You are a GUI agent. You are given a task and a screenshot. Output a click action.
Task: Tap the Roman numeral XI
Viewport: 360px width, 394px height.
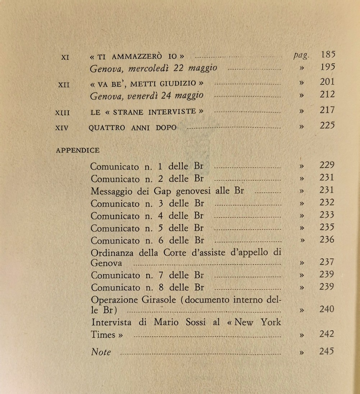65,57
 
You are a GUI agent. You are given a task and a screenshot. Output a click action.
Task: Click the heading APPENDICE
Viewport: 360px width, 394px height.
78,150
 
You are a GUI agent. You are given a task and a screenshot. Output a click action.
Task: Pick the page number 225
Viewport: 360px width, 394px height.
327,126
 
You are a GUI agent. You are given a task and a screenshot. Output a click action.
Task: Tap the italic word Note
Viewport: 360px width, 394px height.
101,352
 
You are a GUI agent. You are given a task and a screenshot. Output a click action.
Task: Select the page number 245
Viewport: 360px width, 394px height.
327,351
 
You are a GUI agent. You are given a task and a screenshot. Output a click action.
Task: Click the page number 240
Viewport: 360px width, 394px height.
327,309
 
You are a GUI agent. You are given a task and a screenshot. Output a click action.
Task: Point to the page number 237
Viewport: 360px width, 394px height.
327,262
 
